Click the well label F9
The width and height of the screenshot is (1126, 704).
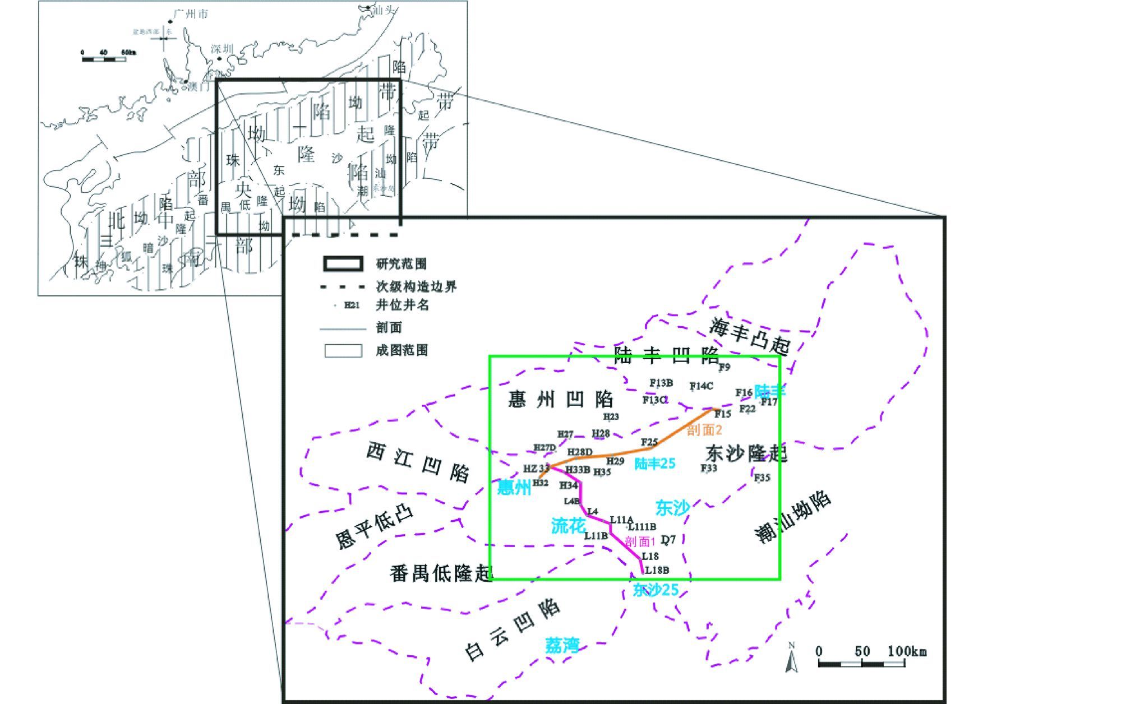point(724,368)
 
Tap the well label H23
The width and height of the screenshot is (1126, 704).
point(611,416)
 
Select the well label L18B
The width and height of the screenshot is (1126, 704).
point(657,570)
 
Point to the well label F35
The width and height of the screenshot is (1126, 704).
point(762,478)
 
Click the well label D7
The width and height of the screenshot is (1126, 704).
point(668,540)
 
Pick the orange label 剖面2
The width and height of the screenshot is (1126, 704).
point(704,430)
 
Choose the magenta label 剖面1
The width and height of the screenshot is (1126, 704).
point(640,541)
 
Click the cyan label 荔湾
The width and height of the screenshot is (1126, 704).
point(562,645)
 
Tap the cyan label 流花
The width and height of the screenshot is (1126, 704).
point(568,526)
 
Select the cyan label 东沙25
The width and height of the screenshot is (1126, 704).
point(656,590)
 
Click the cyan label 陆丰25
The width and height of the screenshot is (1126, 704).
point(654,464)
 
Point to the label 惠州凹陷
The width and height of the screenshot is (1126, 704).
point(561,400)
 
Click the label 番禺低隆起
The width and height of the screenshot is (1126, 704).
point(441,573)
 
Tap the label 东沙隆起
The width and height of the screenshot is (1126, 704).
point(746,453)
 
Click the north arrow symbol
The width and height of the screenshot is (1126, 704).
point(792,658)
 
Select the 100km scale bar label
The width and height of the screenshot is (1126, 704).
point(907,651)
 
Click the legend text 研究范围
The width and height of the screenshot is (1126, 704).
point(402,264)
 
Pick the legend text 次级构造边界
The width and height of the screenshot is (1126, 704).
point(416,287)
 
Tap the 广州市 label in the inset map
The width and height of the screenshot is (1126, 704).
point(191,14)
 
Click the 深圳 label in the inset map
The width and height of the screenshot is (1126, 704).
point(222,49)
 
